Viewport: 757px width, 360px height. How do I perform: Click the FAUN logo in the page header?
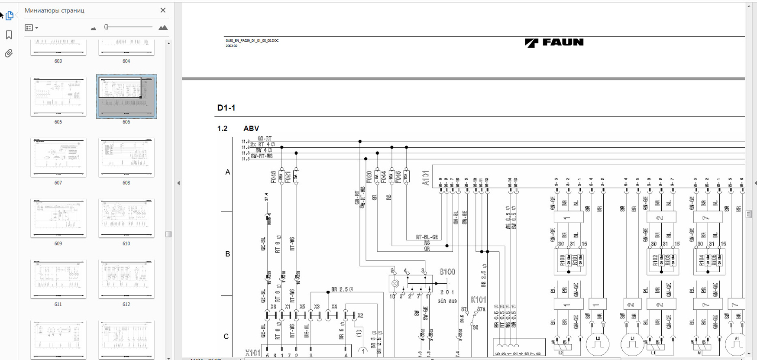[x=554, y=42]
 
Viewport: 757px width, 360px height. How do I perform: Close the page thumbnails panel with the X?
[x=163, y=10]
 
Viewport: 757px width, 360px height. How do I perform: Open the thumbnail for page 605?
[x=58, y=97]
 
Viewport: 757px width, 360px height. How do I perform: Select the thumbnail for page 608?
[x=126, y=158]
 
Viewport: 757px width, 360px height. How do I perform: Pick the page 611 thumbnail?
[x=58, y=279]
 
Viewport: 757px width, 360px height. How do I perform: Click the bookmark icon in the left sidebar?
[x=9, y=35]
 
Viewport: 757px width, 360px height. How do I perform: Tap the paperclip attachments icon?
[x=9, y=53]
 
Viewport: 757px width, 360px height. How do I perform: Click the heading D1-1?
[x=226, y=108]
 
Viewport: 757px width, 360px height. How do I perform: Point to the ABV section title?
[x=251, y=128]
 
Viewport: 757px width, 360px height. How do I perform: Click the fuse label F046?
[x=273, y=177]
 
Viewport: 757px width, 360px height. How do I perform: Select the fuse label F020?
[x=369, y=177]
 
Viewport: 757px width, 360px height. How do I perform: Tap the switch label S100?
[x=447, y=272]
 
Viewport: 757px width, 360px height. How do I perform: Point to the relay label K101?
[x=479, y=300]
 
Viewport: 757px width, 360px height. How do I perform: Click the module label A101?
[x=426, y=178]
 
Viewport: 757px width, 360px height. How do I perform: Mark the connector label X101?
[x=253, y=353]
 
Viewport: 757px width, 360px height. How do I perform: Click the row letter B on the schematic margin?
[x=227, y=254]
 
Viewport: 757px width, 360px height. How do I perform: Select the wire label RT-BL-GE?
[x=427, y=237]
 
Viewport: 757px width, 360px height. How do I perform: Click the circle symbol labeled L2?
[x=598, y=344]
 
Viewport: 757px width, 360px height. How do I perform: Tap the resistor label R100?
[x=562, y=260]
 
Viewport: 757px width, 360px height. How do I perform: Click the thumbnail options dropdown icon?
[x=31, y=28]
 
